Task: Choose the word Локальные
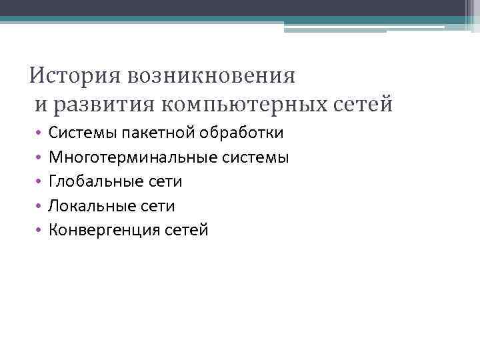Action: pyautogui.click(x=90, y=206)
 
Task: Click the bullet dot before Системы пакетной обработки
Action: pyautogui.click(x=39, y=133)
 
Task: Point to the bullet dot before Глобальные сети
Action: pyautogui.click(x=39, y=182)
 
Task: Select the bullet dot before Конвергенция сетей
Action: pyautogui.click(x=39, y=231)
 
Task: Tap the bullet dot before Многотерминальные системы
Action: pyautogui.click(x=39, y=157)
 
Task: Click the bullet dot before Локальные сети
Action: pyautogui.click(x=39, y=207)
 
